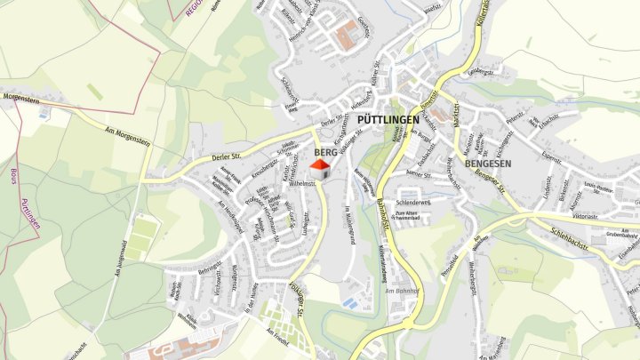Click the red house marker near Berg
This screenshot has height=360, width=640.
click(x=319, y=164)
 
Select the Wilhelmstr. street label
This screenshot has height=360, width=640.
click(x=304, y=184)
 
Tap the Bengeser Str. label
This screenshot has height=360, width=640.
click(x=488, y=185)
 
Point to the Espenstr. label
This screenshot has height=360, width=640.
click(x=551, y=160)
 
